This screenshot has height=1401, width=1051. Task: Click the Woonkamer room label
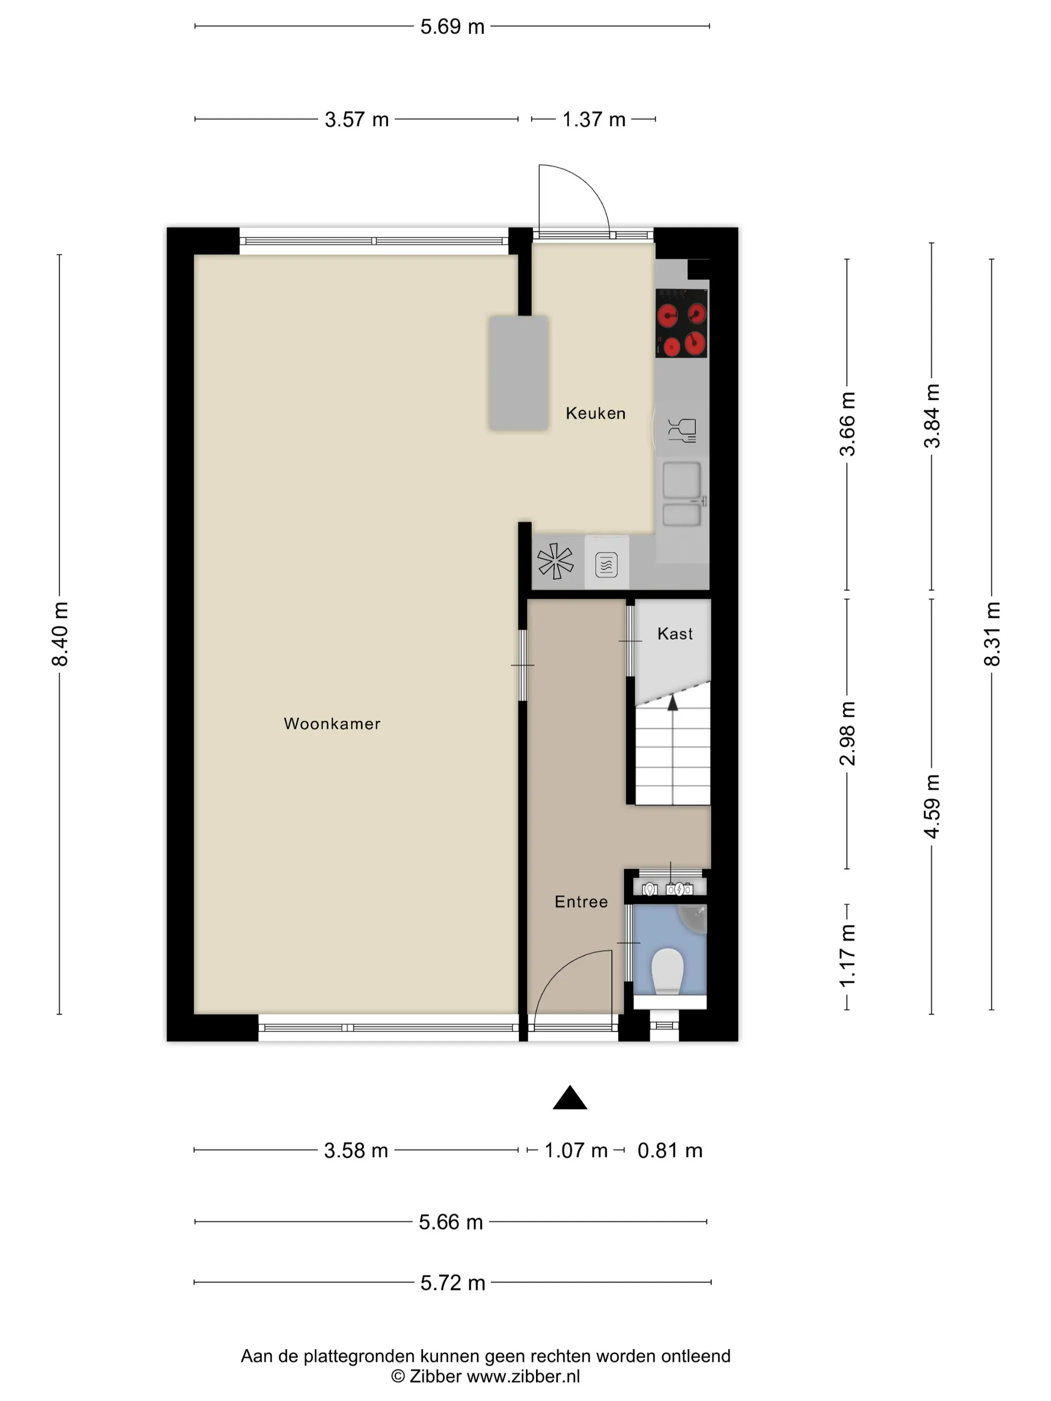pyautogui.click(x=332, y=724)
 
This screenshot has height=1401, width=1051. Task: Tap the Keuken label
pyautogui.click(x=596, y=414)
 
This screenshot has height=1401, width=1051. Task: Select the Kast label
pyautogui.click(x=675, y=634)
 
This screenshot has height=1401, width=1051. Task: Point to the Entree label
pyautogui.click(x=581, y=902)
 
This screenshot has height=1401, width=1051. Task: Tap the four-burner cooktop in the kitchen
pyautogui.click(x=682, y=324)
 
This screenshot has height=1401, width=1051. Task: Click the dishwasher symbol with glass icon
pyautogui.click(x=682, y=429)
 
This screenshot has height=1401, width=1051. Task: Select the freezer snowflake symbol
pyautogui.click(x=555, y=561)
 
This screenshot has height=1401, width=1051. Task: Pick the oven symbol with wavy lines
pyautogui.click(x=606, y=564)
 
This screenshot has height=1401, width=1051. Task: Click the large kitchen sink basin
pyautogui.click(x=682, y=480)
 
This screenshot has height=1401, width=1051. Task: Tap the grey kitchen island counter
pyautogui.click(x=518, y=374)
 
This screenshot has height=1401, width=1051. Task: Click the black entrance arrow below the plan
pyautogui.click(x=570, y=1098)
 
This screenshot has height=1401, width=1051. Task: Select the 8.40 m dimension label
pyautogui.click(x=60, y=633)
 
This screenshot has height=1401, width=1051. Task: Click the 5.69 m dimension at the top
pyautogui.click(x=452, y=27)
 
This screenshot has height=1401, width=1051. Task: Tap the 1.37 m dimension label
pyautogui.click(x=594, y=119)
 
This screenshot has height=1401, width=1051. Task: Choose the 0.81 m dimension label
pyautogui.click(x=670, y=1150)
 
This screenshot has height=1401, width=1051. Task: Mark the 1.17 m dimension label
pyautogui.click(x=847, y=955)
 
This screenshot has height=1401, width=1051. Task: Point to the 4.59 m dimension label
pyautogui.click(x=931, y=806)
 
